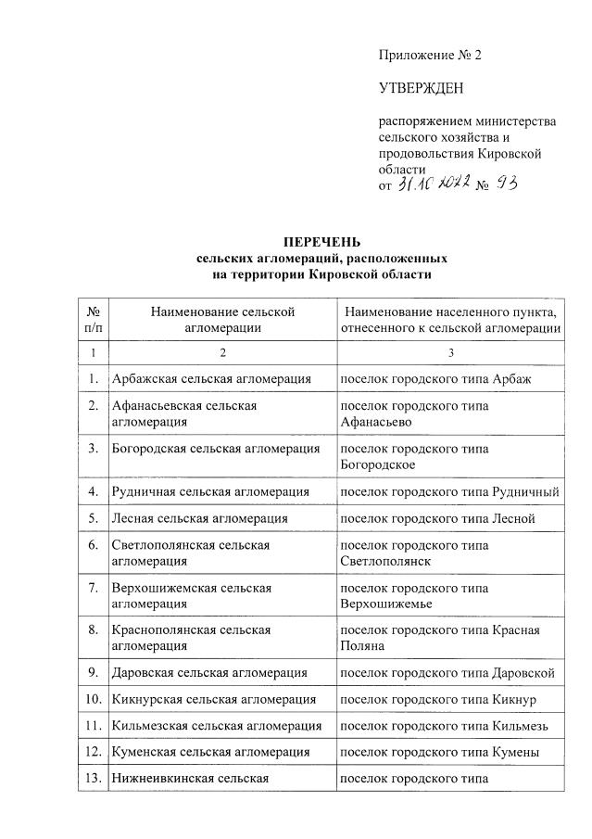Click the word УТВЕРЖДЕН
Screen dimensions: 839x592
coord(421,89)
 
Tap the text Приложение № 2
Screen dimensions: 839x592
coord(430,55)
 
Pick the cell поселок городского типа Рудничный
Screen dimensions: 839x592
coord(449,490)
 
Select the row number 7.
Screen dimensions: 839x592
coord(93,589)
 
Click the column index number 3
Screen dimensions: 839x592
coord(450,353)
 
